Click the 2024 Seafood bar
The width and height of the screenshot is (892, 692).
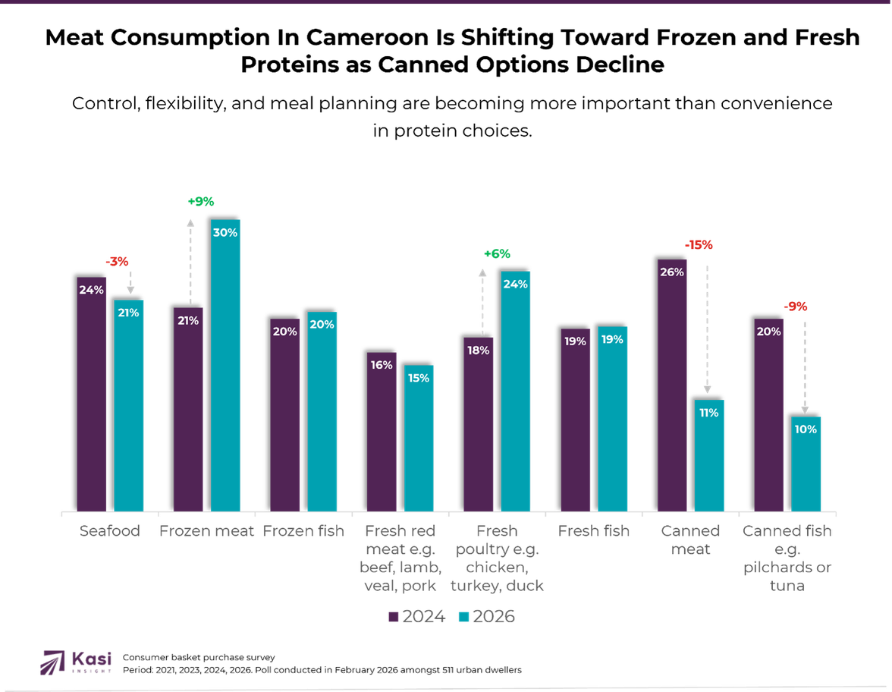tap(92, 395)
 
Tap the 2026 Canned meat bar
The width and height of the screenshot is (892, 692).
tap(710, 455)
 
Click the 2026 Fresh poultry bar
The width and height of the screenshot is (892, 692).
tap(516, 391)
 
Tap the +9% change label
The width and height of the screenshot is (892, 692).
tap(201, 202)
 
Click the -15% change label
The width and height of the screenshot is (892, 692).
tap(699, 244)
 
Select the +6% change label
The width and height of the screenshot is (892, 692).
tap(497, 254)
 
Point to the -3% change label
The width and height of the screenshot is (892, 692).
tap(117, 262)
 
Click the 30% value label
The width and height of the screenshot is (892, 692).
tap(225, 233)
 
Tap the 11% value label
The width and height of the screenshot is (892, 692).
tap(709, 413)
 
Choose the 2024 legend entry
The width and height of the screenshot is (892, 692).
tap(416, 616)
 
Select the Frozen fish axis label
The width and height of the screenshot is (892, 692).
tap(303, 531)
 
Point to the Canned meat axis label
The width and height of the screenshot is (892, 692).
tap(690, 539)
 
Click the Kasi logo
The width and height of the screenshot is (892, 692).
tap(77, 661)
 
